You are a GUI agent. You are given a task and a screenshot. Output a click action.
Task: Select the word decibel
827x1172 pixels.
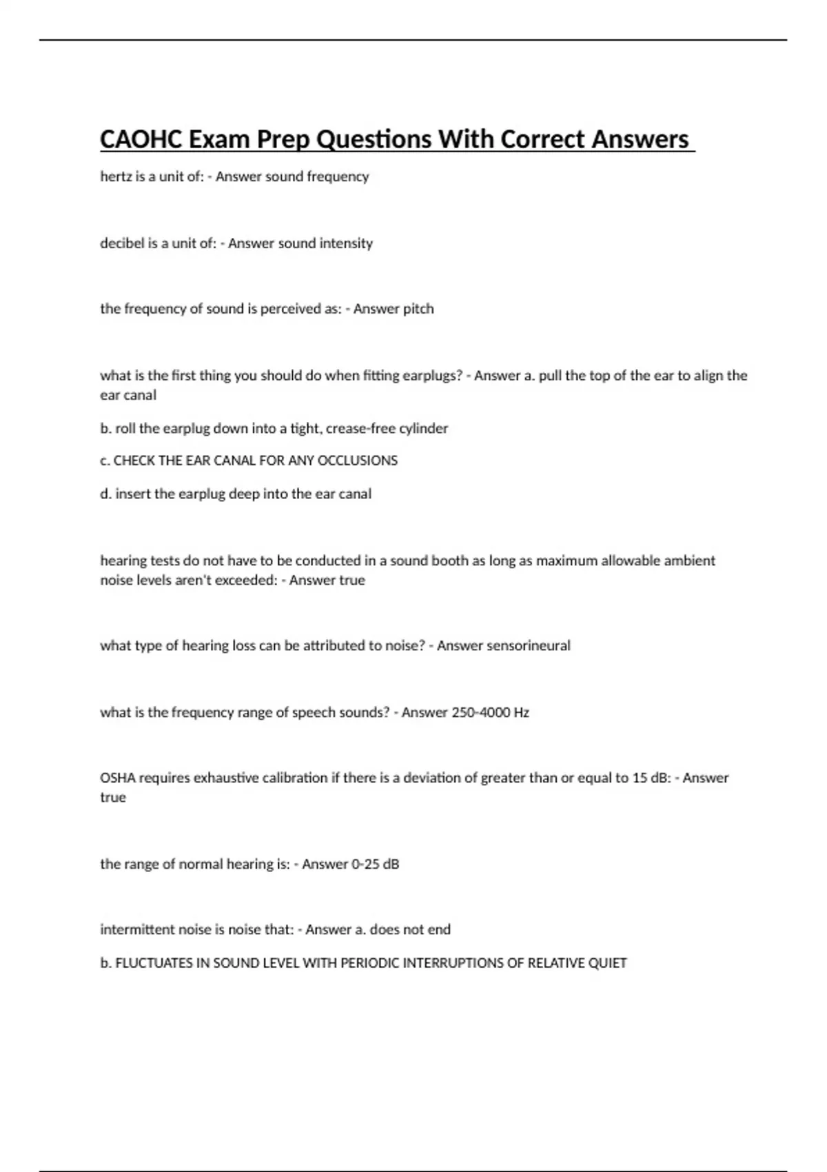point(121,243)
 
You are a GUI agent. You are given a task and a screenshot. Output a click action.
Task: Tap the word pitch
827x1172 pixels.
point(418,309)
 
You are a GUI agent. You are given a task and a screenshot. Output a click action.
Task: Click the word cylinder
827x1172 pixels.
point(423,429)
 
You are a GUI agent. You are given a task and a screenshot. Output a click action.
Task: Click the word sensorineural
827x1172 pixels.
point(528,646)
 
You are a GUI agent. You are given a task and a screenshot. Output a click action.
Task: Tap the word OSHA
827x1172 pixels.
point(118,778)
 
